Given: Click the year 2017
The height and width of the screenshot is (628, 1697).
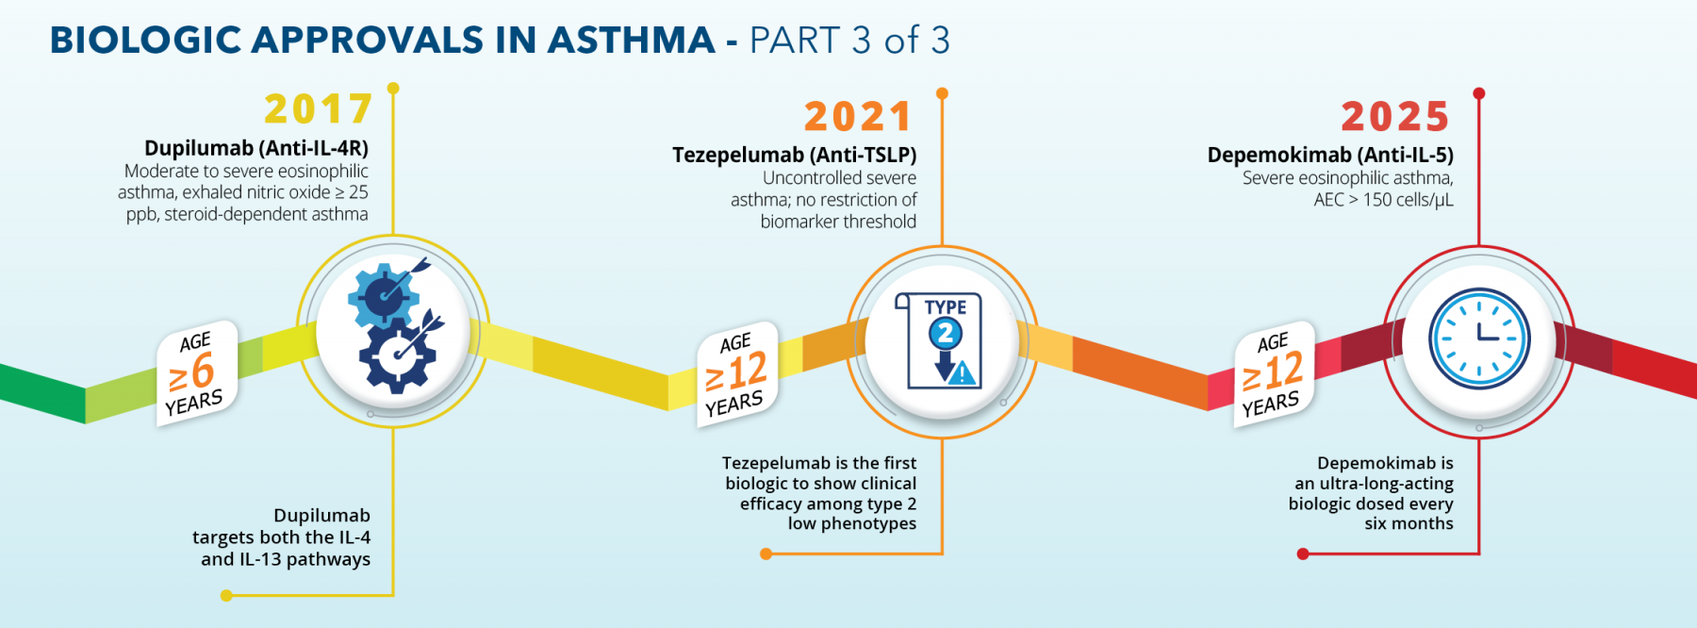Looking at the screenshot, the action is (x=319, y=109).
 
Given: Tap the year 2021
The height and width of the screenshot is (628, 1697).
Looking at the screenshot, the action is (x=858, y=117).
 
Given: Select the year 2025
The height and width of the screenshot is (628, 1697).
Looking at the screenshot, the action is (x=1395, y=117).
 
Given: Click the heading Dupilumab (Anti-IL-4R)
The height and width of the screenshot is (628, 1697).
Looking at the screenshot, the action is (x=256, y=148).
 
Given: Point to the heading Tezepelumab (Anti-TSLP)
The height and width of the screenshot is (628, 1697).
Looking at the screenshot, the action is (x=795, y=155).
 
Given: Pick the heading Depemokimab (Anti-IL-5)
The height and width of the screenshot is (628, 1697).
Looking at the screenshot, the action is (x=1330, y=155).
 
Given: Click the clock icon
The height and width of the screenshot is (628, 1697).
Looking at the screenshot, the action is (x=1479, y=339).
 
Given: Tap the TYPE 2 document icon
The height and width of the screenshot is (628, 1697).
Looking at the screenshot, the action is (x=939, y=340).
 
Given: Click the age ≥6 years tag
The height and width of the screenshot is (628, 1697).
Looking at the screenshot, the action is (x=196, y=373).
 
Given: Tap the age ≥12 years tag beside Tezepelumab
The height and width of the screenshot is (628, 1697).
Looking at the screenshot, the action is (x=737, y=374).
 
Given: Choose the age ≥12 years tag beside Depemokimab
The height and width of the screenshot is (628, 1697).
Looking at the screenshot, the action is (x=1274, y=374).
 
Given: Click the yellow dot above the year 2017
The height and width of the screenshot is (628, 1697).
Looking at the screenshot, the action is (x=393, y=89).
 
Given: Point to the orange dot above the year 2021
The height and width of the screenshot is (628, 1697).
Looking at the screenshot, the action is (x=942, y=93).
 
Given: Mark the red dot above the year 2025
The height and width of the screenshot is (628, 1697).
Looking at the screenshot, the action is (x=1479, y=93).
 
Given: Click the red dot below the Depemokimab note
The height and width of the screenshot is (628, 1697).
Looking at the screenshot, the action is (x=1303, y=554).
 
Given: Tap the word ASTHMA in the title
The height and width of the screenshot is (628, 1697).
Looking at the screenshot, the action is (x=631, y=41).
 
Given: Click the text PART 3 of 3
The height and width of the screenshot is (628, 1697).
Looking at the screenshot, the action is (x=849, y=41).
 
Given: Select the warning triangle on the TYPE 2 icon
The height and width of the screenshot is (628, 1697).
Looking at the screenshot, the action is (x=962, y=373).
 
